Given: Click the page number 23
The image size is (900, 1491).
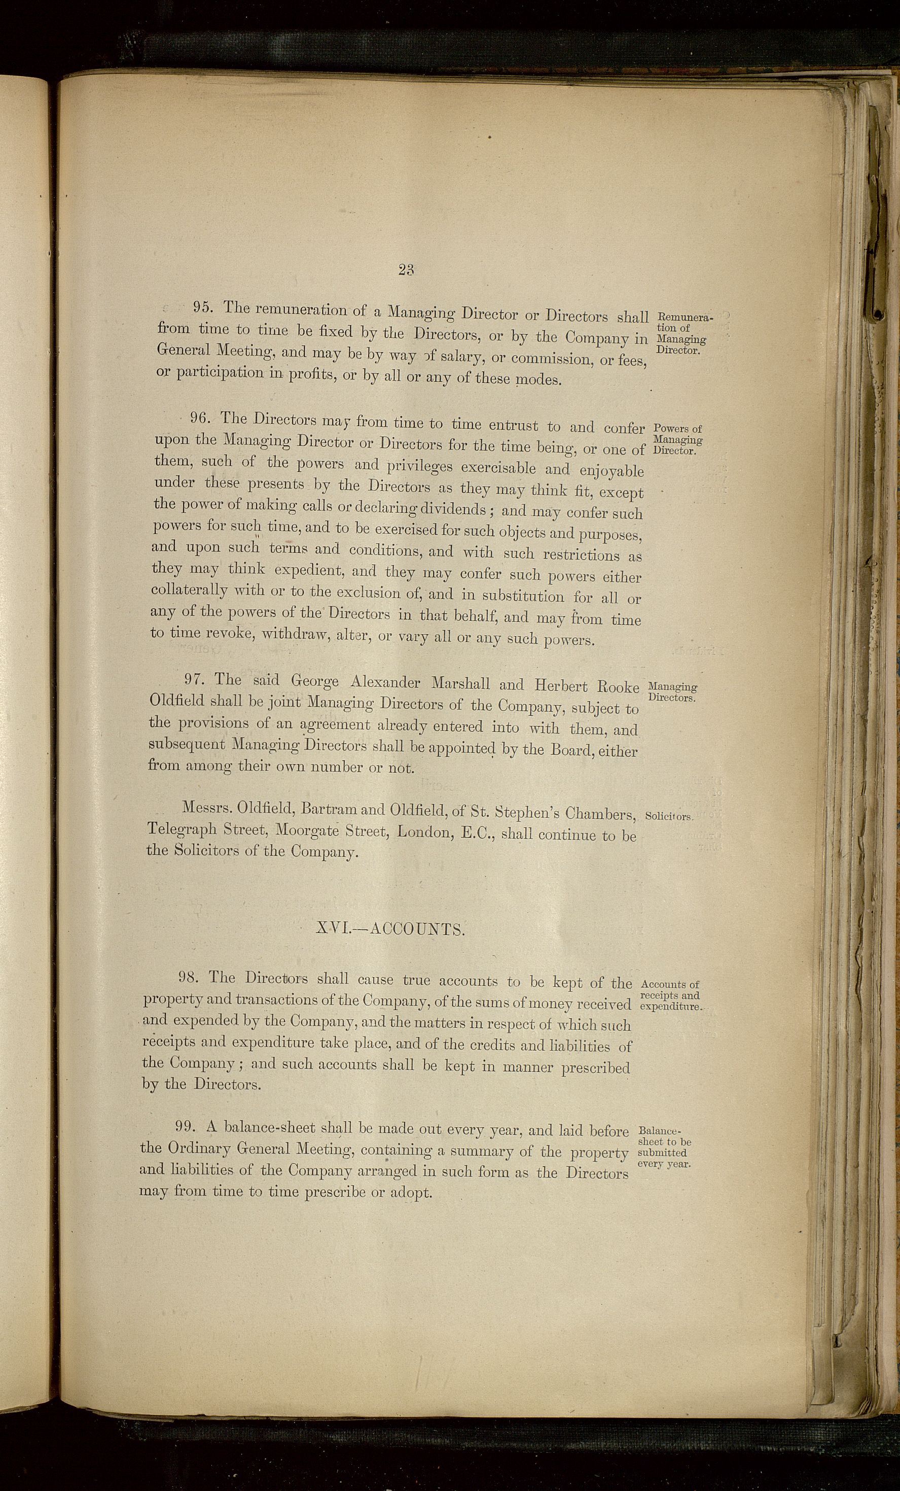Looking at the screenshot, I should (x=406, y=270).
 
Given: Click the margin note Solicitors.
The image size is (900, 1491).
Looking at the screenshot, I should (x=668, y=816).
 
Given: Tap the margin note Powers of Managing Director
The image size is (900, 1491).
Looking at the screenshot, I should (x=677, y=440).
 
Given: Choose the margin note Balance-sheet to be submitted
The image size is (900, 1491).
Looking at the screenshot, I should (x=664, y=1147).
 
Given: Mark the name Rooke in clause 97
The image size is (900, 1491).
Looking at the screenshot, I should (x=618, y=687).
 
